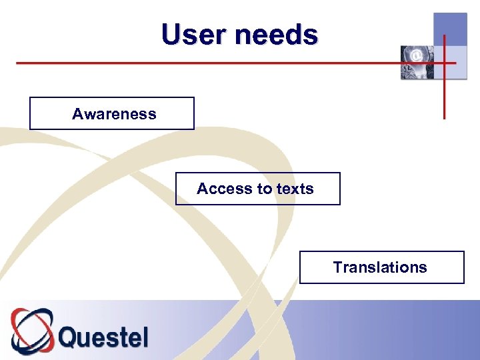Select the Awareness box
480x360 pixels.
[x=112, y=113]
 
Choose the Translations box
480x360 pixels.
[x=381, y=267]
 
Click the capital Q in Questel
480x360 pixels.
[x=69, y=337]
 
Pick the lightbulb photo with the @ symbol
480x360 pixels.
[x=417, y=63]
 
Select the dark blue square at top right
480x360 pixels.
[x=450, y=29]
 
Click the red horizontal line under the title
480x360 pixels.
[x=200, y=63]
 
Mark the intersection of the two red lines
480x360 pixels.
[x=444, y=63]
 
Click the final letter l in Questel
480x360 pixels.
[x=145, y=337]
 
